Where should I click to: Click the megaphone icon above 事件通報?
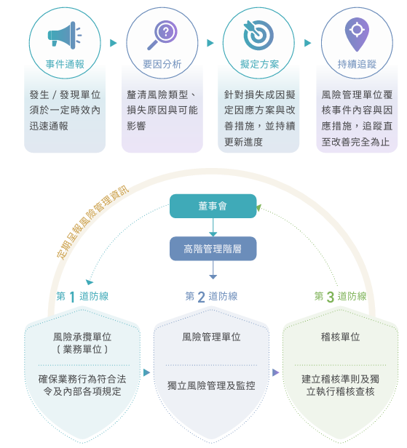64,35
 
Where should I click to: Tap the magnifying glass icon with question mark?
162,35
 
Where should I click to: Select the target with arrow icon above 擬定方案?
258,35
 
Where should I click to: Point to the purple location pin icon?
357,34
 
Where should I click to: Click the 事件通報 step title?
65,64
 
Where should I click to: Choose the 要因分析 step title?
162,64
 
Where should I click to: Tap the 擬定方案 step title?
259,64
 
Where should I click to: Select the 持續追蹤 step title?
357,64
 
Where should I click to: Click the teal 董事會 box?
213,206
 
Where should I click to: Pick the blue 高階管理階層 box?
213,249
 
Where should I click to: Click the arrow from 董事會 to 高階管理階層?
213,228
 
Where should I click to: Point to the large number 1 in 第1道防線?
72,297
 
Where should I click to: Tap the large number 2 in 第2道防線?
202,297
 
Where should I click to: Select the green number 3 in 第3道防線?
331,297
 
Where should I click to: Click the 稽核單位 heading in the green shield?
340,337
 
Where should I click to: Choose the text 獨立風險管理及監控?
211,385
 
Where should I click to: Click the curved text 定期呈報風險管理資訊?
92,222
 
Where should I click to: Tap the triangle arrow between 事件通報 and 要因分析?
114,43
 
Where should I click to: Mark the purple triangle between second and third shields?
275,372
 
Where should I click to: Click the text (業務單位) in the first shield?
82,349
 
